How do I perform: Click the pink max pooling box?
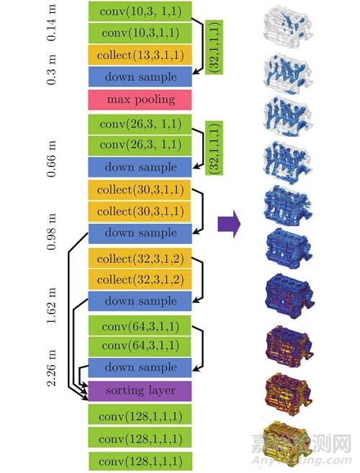(140, 100)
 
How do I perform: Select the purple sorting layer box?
(140, 391)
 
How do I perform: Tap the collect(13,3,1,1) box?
(140, 55)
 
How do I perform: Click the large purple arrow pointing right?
(229, 224)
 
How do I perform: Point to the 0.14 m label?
(51, 22)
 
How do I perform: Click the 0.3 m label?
(51, 70)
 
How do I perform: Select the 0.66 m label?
(51, 158)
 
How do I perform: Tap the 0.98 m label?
(51, 231)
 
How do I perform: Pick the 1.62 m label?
(51, 305)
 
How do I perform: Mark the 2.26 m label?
(51, 367)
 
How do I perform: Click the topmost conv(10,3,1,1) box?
(140, 12)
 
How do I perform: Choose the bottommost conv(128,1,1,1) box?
(140, 461)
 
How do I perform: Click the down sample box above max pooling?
(140, 77)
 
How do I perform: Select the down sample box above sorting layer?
(140, 367)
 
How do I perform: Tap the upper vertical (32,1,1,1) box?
(214, 48)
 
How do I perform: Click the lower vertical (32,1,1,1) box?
(214, 148)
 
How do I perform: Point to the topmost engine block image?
(287, 27)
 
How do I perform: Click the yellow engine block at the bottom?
(287, 439)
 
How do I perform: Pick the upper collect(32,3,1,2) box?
(140, 258)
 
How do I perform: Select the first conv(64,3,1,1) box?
(140, 326)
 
